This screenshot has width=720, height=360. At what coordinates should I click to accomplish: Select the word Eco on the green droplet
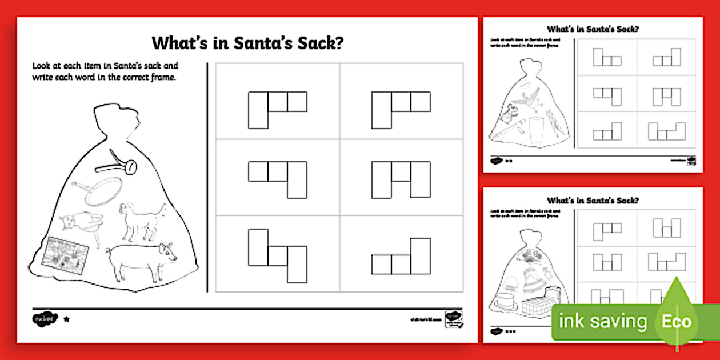coord(677,321)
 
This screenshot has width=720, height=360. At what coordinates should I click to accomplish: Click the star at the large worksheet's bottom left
coord(66,319)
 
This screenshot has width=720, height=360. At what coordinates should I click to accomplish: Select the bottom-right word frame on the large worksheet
coord(401,257)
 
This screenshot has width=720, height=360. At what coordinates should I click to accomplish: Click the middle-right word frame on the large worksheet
coord(401,179)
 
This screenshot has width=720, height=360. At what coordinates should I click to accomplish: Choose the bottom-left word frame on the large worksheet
coord(278,255)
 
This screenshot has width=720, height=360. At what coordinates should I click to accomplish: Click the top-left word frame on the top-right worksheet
coord(607,57)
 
